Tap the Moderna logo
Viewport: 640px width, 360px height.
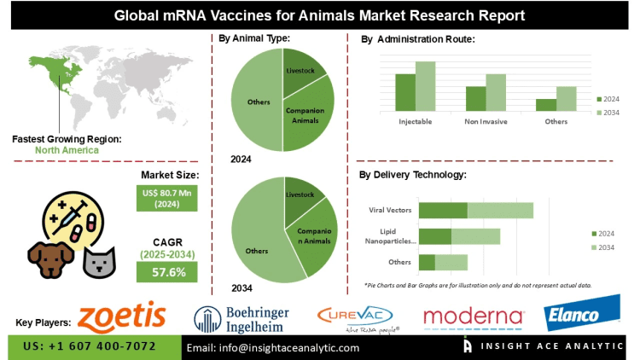point(473,317)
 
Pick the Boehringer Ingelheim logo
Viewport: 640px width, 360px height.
point(241,319)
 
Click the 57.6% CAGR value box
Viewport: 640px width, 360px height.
point(167,271)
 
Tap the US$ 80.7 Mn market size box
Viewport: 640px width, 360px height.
point(167,199)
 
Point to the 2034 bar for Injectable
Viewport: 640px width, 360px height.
point(425,85)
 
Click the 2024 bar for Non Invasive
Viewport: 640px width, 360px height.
point(475,97)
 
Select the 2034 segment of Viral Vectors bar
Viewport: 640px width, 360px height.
point(499,210)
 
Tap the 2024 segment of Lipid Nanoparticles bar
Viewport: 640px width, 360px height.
point(435,236)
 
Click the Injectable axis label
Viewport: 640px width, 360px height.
point(415,121)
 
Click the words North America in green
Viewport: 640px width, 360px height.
point(67,150)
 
